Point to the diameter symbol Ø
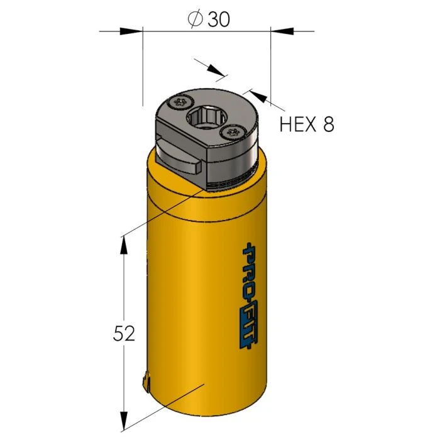(195, 20)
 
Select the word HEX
(298, 124)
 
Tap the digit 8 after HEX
(327, 124)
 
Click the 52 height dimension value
(123, 334)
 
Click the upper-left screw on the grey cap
(182, 101)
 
